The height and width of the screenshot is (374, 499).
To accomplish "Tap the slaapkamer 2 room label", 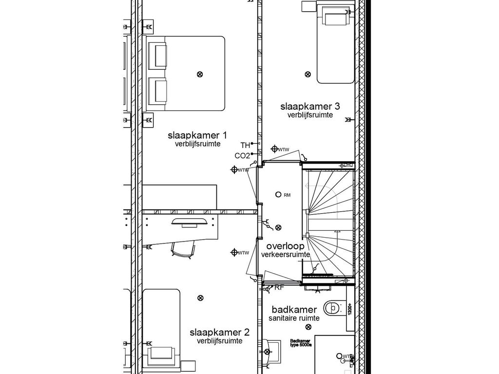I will tap(219, 333).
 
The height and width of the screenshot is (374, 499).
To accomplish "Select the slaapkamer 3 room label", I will tap(309, 107).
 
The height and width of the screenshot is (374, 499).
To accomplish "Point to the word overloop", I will tap(285, 246).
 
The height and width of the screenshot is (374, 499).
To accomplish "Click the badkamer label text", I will tap(294, 310).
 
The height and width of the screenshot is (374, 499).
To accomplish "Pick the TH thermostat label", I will tap(245, 145).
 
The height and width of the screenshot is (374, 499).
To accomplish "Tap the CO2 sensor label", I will tap(242, 156).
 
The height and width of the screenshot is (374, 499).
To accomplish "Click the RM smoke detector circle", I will tap(278, 194).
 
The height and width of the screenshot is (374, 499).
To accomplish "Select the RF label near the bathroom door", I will tap(279, 288).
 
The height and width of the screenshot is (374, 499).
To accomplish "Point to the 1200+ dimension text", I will tap(350, 309).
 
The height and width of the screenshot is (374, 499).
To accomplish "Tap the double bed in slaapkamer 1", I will tap(185, 73).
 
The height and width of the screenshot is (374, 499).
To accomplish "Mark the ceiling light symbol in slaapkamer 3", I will tap(307, 75).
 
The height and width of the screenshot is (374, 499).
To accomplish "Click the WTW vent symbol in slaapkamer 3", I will tap(275, 149).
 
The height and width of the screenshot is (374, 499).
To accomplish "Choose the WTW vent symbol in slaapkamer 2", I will tap(234, 252).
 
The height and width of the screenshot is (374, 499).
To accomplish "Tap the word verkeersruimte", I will tap(286, 255).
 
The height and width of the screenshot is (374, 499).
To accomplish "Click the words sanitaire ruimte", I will tap(294, 318).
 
